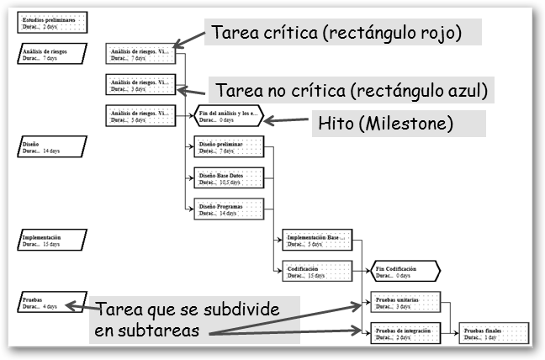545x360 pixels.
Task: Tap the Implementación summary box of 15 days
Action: [50, 241]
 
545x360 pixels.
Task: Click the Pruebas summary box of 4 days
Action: [50, 302]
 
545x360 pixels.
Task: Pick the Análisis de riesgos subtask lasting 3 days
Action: [140, 84]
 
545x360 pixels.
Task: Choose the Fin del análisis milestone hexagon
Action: [230, 115]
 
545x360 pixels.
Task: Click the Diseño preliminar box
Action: [230, 147]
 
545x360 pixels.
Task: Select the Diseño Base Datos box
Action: [230, 178]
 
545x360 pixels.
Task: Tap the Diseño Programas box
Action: [230, 208]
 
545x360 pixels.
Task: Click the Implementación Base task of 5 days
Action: [317, 241]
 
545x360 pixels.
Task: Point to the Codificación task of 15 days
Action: [317, 272]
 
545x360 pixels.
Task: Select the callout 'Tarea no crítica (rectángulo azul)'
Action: [351, 89]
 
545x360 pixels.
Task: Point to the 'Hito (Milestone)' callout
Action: [384, 123]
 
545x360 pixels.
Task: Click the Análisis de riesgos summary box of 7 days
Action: [50, 54]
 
